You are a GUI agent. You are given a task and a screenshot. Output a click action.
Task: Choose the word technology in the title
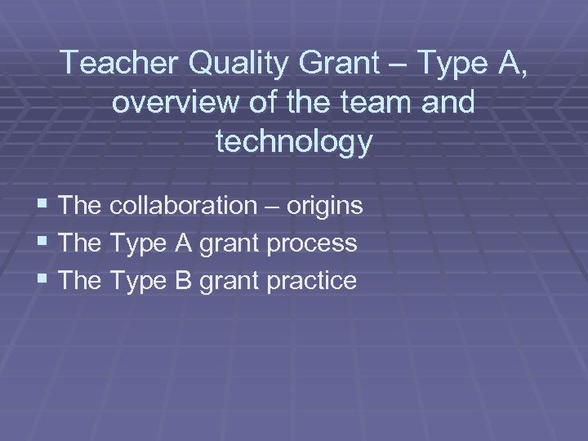point(294,141)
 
